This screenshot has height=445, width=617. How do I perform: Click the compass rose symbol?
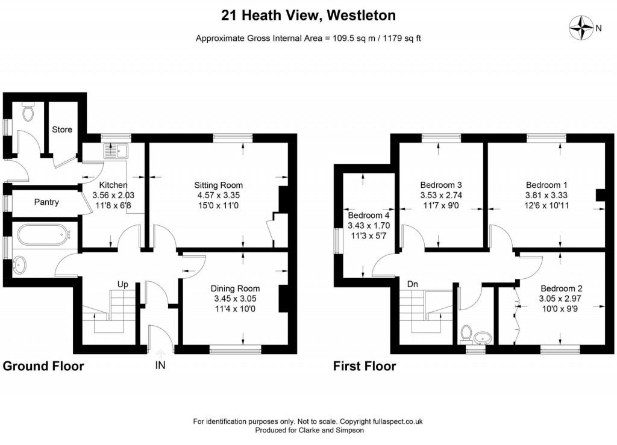tap(581, 27)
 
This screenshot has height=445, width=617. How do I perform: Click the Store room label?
tap(62, 129)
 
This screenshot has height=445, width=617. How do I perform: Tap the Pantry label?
tap(46, 202)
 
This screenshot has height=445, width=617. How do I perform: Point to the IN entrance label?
tap(160, 365)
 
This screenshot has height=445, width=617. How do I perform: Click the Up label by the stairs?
tap(122, 284)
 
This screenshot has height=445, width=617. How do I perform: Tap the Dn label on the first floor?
tap(413, 284)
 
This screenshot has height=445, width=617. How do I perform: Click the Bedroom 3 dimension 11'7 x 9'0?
tap(442, 205)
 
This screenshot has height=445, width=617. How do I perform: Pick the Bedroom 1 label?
tap(547, 185)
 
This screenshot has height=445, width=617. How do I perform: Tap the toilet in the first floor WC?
tap(466, 332)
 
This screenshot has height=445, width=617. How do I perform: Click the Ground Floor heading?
tap(43, 366)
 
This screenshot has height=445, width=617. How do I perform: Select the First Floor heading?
tap(365, 366)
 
